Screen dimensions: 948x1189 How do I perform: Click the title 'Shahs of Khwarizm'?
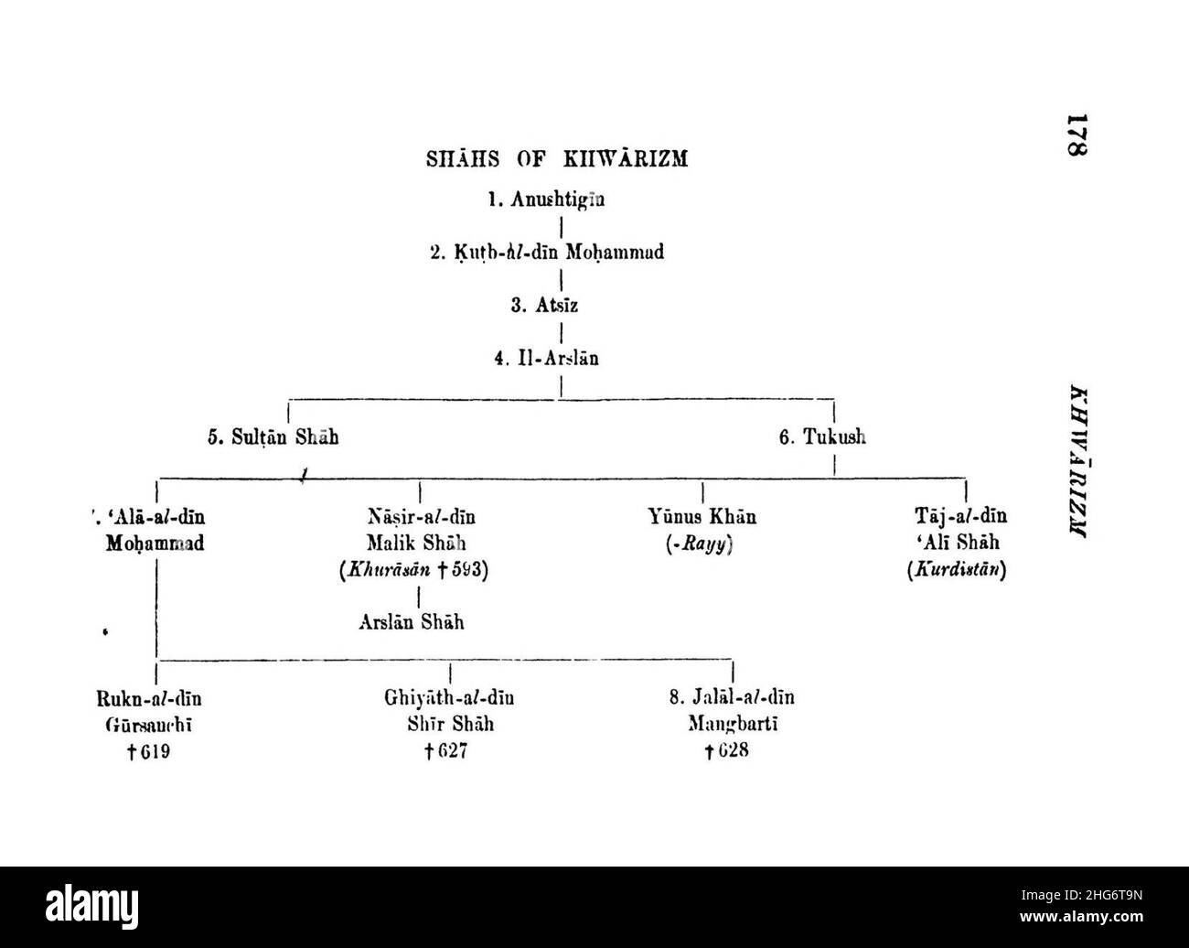(557, 159)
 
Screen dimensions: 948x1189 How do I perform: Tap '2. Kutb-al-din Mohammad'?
(547, 253)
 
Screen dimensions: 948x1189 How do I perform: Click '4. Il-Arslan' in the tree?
(547, 359)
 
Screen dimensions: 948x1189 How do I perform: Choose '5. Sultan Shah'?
(273, 437)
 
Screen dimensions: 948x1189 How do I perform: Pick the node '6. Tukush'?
(822, 437)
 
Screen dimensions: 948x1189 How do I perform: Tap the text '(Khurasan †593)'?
(414, 570)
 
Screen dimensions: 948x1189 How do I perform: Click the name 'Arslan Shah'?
(411, 623)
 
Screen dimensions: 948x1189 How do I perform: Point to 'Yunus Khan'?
(702, 517)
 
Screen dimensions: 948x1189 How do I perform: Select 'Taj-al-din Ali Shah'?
(955, 531)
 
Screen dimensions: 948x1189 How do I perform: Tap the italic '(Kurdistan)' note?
(956, 570)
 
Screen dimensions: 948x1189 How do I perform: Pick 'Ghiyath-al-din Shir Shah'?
(449, 712)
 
